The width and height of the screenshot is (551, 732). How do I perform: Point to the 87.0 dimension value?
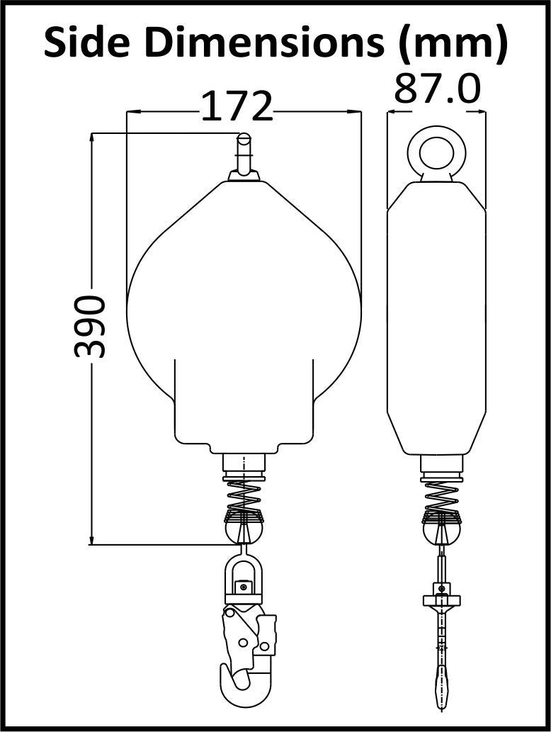point(437,89)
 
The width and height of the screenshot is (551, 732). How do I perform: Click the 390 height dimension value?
point(90,327)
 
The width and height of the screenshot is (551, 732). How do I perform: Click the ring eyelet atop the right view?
point(437,152)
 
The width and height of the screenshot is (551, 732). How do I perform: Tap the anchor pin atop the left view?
point(244,157)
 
